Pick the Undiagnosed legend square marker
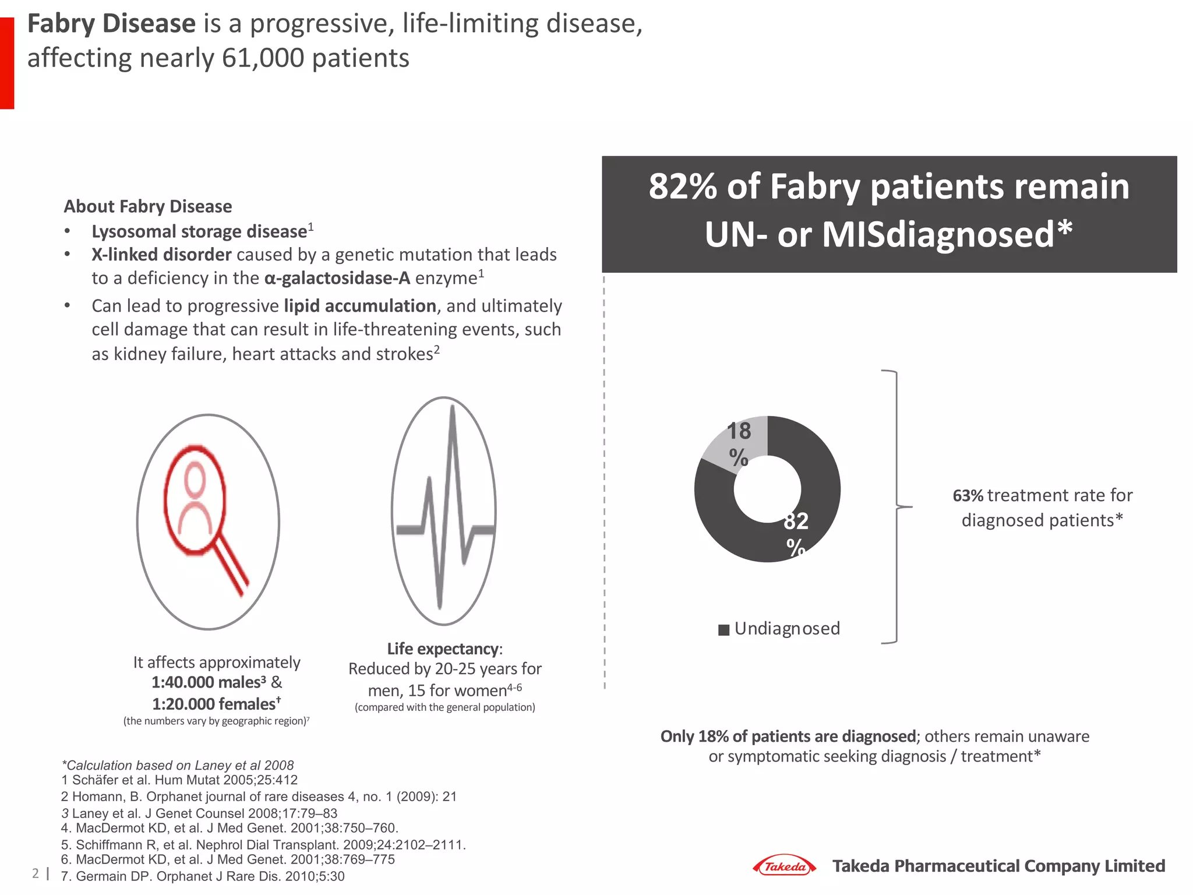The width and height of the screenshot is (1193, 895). pyautogui.click(x=723, y=630)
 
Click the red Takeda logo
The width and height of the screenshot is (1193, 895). pyautogui.click(x=784, y=866)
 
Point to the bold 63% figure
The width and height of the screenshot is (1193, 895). pyautogui.click(x=968, y=496)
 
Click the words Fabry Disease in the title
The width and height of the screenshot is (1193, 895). pyautogui.click(x=111, y=24)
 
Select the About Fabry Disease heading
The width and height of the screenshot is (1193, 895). pyautogui.click(x=147, y=206)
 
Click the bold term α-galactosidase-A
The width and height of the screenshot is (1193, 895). pyautogui.click(x=337, y=279)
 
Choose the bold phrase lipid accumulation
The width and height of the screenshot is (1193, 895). pyautogui.click(x=360, y=306)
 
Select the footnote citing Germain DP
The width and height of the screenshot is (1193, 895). pyautogui.click(x=203, y=876)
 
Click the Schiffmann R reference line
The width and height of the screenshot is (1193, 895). pyautogui.click(x=263, y=845)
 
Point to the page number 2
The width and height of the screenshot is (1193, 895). pyautogui.click(x=36, y=873)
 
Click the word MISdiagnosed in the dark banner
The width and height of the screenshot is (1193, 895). pyautogui.click(x=938, y=235)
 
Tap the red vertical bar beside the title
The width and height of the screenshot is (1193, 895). pyautogui.click(x=7, y=63)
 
